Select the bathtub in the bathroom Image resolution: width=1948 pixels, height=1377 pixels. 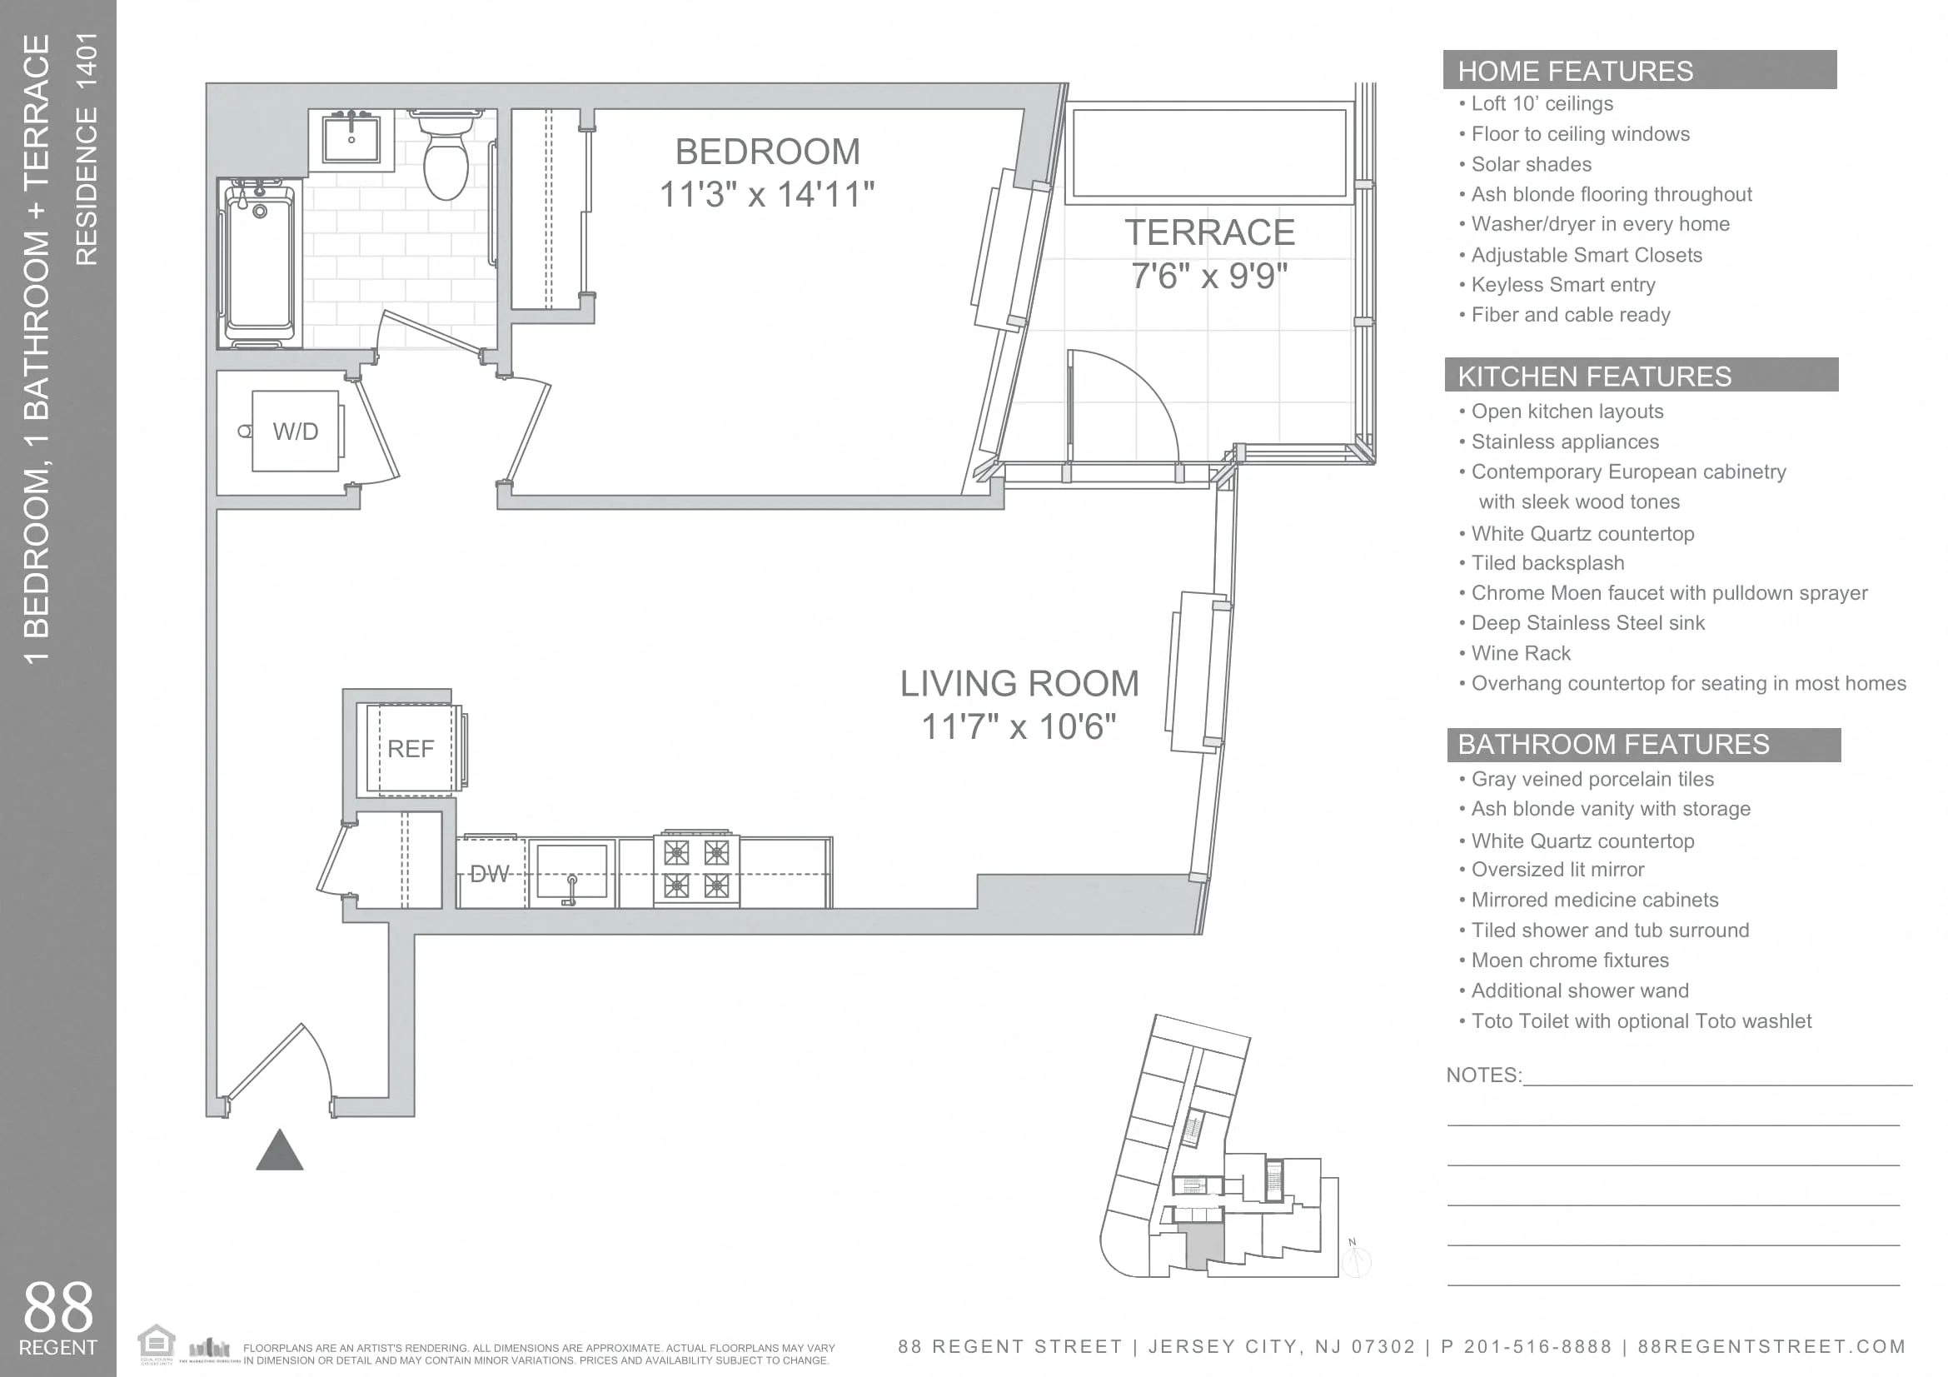tap(260, 267)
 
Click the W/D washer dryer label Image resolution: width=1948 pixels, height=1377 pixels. tap(296, 432)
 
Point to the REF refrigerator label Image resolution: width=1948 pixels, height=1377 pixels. tap(411, 748)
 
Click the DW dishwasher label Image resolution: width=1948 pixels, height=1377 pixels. tap(489, 874)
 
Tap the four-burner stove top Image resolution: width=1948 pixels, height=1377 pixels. tap(695, 869)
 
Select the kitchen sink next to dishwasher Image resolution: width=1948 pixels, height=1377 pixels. tap(573, 872)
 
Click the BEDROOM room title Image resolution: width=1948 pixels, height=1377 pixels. tap(767, 152)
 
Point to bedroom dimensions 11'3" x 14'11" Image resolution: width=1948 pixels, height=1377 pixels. tap(767, 195)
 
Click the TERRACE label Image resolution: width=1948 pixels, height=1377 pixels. tap(1210, 232)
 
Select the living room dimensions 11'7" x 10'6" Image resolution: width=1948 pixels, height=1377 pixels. tap(1019, 727)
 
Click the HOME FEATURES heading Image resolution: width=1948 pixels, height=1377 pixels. tap(1575, 72)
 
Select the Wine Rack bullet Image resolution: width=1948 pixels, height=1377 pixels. tap(1521, 653)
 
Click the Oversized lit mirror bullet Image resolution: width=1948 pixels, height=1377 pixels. tap(1557, 870)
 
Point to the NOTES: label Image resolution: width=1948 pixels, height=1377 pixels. tap(1483, 1075)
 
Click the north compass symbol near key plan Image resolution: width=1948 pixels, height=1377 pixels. tap(1356, 1259)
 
